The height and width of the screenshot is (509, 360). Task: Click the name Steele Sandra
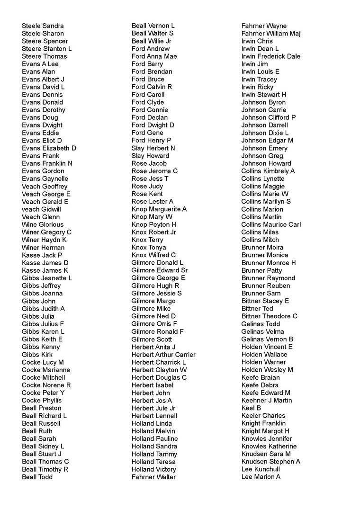pyautogui.click(x=43, y=26)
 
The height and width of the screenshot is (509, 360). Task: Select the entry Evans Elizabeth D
pyautogui.click(x=49, y=148)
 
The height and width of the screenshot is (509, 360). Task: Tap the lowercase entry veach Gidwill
pyautogui.click(x=41, y=209)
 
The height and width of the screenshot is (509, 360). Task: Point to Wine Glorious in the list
pyautogui.click(x=43, y=224)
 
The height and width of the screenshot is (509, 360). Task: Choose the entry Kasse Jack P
pyautogui.click(x=42, y=255)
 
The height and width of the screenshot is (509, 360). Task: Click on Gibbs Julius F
pyautogui.click(x=43, y=324)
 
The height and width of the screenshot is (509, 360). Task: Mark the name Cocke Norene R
pyautogui.click(x=46, y=385)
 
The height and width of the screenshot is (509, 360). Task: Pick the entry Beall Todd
pyautogui.click(x=37, y=477)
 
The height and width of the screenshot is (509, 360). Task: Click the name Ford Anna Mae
pyautogui.click(x=154, y=56)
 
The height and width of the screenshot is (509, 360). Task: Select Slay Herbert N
pyautogui.click(x=153, y=148)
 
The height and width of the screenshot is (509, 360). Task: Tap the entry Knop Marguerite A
pyautogui.click(x=159, y=209)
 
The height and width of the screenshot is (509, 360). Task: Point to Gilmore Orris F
pyautogui.click(x=154, y=324)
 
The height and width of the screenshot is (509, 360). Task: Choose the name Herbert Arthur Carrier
pyautogui.click(x=163, y=355)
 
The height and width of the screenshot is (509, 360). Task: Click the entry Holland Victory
pyautogui.click(x=153, y=469)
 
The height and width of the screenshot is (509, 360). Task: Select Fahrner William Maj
pyautogui.click(x=271, y=33)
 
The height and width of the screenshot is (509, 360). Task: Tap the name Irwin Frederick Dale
pyautogui.click(x=271, y=56)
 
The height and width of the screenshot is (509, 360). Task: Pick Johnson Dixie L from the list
pyautogui.click(x=265, y=133)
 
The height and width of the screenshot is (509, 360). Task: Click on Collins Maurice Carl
pyautogui.click(x=271, y=224)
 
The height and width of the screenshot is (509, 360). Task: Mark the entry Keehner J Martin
pyautogui.click(x=267, y=400)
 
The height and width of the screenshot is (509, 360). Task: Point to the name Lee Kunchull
pyautogui.click(x=261, y=469)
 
